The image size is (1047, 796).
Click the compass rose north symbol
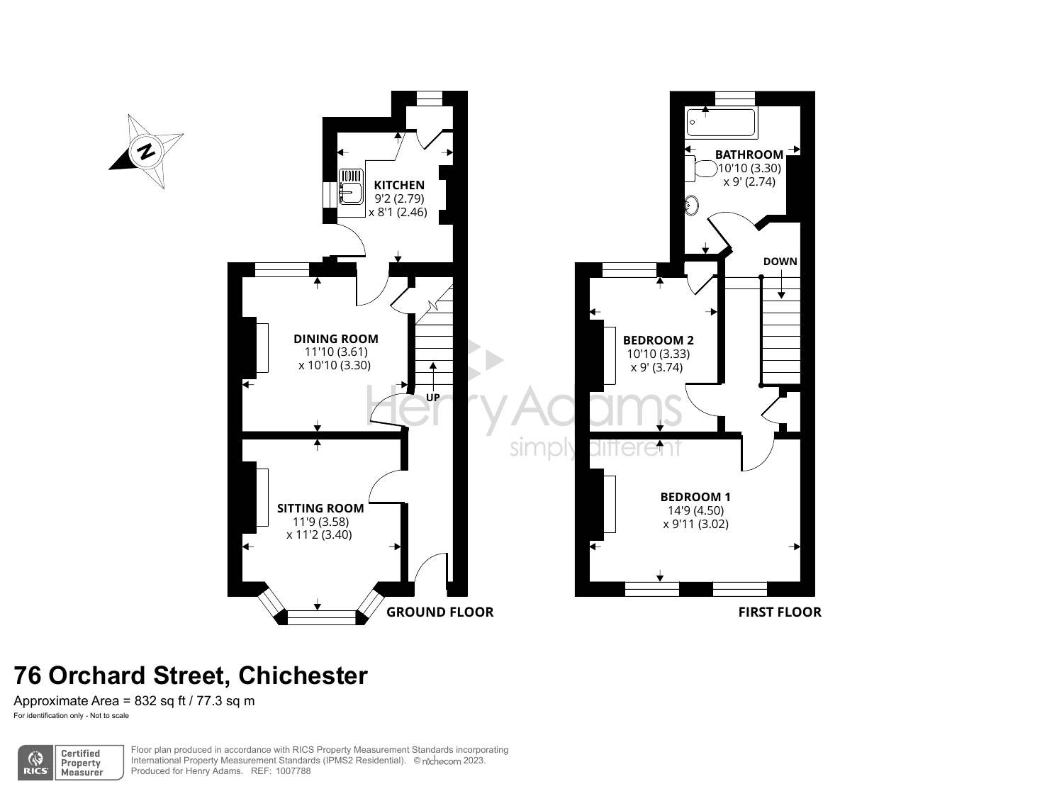click(x=146, y=151)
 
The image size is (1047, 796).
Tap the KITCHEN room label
click(x=399, y=185)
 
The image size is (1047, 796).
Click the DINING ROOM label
click(x=336, y=339)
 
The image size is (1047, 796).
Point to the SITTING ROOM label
click(x=320, y=508)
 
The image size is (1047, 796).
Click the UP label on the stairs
click(x=432, y=397)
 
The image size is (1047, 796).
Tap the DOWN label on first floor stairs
click(x=780, y=262)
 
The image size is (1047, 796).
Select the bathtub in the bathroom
click(x=722, y=123)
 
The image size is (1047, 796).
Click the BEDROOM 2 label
click(x=658, y=340)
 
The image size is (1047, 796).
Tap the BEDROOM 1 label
click(x=695, y=497)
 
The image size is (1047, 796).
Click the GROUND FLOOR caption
click(x=439, y=612)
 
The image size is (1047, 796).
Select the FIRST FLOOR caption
click(x=780, y=612)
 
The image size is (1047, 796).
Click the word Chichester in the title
click(x=303, y=676)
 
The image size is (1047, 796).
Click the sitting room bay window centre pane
click(x=320, y=617)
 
